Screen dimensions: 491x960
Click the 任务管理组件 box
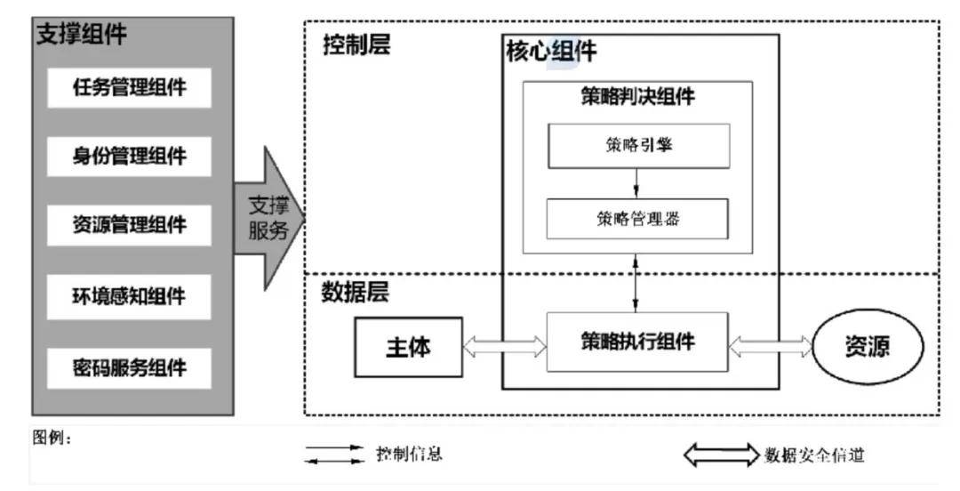click(x=129, y=88)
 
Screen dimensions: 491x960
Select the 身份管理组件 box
click(x=129, y=157)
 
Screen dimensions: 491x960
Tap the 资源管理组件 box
click(x=129, y=225)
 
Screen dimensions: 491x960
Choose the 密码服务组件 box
click(x=129, y=366)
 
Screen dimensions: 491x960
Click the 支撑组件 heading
click(x=81, y=35)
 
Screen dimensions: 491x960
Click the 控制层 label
click(x=356, y=46)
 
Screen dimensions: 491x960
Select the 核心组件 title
click(x=550, y=52)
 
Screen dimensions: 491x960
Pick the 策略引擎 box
click(x=636, y=146)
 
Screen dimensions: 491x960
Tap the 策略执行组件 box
click(x=636, y=342)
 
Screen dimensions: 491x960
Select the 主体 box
click(x=408, y=347)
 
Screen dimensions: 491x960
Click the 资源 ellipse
click(x=866, y=347)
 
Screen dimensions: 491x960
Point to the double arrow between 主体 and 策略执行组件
click(x=504, y=346)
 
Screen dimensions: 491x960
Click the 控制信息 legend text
click(x=409, y=455)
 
